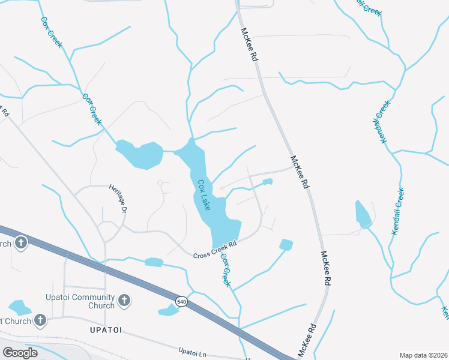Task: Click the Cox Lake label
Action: click(204, 195)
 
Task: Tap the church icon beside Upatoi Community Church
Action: click(124, 300)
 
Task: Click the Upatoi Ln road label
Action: click(196, 352)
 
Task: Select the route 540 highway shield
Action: click(181, 301)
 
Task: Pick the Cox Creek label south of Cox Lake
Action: click(225, 270)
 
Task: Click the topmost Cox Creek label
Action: click(52, 32)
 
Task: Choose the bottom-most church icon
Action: click(40, 320)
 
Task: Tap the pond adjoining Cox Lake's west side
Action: click(142, 154)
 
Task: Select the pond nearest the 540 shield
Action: click(168, 310)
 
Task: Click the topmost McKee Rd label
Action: click(249, 44)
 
